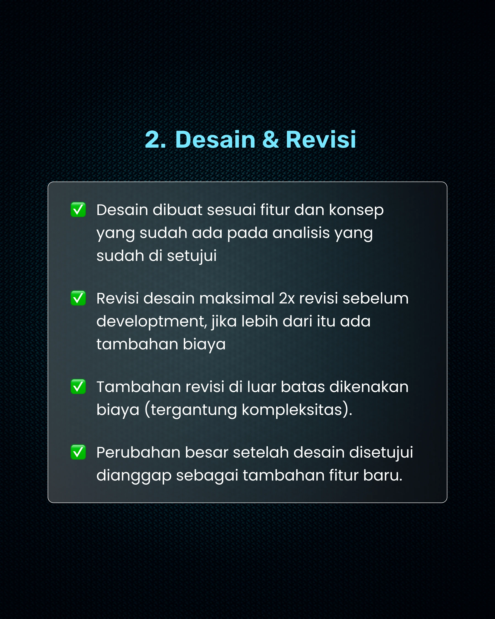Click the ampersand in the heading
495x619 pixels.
coord(270,140)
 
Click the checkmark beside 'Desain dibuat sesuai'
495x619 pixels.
coord(78,210)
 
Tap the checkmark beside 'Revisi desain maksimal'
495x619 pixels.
coord(78,298)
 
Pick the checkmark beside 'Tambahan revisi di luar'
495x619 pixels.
coord(78,387)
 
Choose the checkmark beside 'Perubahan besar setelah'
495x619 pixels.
coord(78,452)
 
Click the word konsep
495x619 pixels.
coord(356,210)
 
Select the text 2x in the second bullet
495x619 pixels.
coord(287,298)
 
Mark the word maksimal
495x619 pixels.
coord(237,298)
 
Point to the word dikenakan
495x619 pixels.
coord(369,387)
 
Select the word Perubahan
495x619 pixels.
coord(138,453)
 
